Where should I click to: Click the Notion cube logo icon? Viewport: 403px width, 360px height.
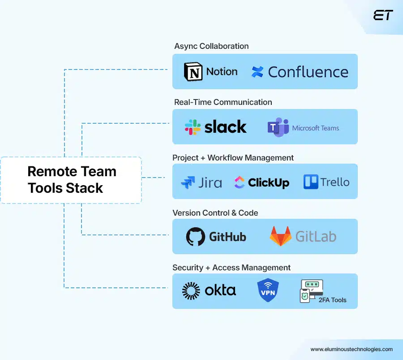click(193, 72)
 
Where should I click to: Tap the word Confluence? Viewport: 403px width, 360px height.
click(308, 72)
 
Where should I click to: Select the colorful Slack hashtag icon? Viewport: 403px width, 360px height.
click(193, 127)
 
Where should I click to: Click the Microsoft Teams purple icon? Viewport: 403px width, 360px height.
click(278, 128)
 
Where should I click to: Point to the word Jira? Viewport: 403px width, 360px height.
click(210, 182)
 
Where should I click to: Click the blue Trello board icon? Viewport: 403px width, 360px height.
click(311, 182)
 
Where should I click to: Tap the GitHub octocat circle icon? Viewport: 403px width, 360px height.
click(196, 237)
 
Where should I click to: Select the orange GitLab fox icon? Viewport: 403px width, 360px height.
click(280, 236)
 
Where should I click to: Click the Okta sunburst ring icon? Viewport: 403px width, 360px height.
click(191, 291)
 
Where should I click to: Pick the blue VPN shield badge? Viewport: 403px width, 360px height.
click(268, 290)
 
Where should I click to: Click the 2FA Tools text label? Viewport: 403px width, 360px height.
click(332, 300)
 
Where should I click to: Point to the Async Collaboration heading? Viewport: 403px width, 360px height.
click(211, 46)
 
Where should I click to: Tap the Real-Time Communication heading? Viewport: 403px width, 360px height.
click(223, 102)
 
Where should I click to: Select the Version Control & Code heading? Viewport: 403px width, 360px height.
click(215, 213)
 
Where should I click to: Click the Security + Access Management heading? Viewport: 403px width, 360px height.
click(232, 268)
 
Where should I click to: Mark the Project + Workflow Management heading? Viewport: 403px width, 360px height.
click(233, 158)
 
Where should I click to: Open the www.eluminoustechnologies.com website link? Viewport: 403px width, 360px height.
click(352, 349)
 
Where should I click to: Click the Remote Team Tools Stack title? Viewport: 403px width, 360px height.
click(72, 179)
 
